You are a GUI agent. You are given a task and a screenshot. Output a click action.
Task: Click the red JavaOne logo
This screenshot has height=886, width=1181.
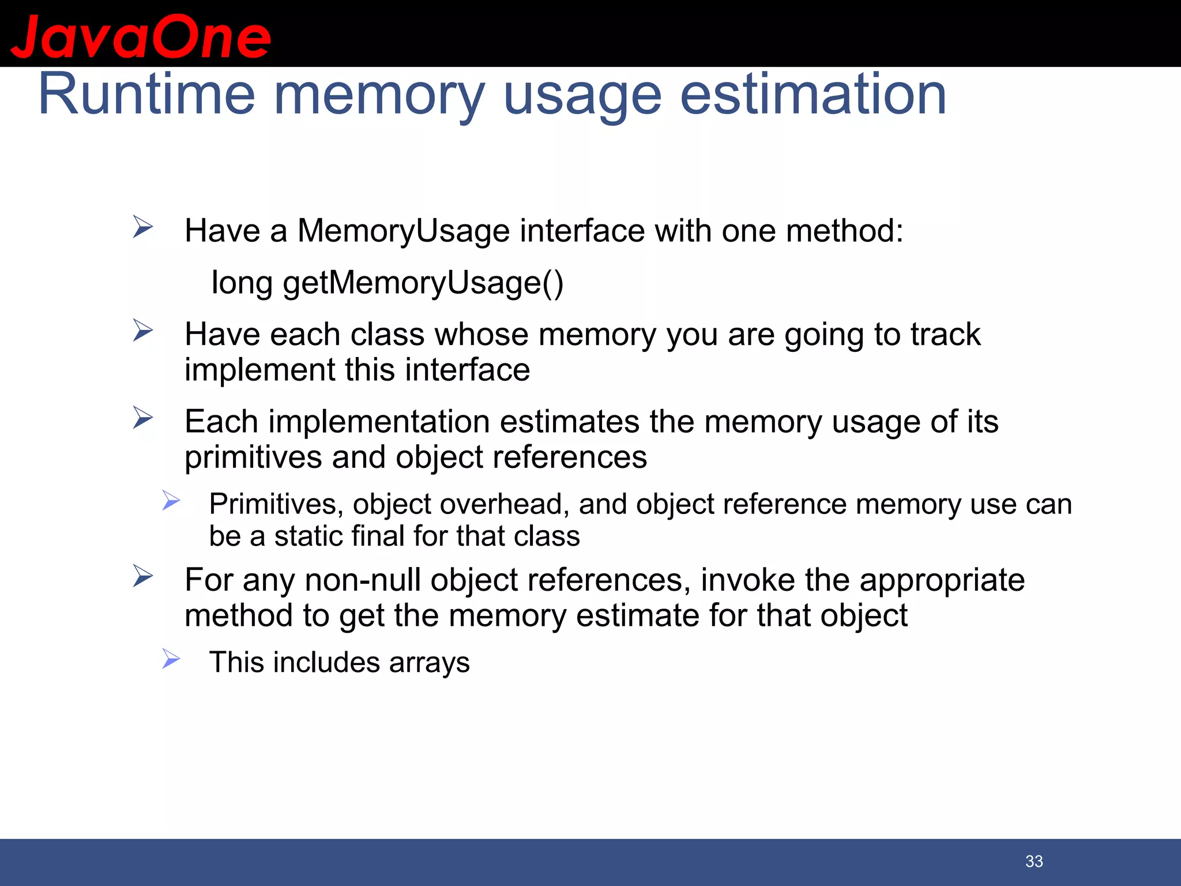(140, 37)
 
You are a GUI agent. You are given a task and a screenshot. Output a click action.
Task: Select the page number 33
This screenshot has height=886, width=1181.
(1034, 861)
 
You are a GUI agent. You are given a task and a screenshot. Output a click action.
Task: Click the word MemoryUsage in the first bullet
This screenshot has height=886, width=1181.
(403, 231)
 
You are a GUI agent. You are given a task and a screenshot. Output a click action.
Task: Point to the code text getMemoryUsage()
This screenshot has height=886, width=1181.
(423, 283)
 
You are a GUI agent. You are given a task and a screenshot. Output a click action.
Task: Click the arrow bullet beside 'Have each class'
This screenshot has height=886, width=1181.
(142, 331)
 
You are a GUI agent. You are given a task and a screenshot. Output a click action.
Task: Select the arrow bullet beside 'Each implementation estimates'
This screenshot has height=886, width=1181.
(142, 418)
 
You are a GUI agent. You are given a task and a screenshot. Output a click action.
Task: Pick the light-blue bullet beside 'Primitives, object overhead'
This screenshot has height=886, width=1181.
(171, 500)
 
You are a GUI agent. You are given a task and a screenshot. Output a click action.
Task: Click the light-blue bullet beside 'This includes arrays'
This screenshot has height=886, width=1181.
(171, 658)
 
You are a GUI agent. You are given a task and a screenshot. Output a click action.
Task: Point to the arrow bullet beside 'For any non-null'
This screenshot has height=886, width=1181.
(142, 576)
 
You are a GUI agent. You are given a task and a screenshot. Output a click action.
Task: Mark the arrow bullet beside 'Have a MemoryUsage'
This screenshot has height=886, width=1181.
(142, 227)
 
